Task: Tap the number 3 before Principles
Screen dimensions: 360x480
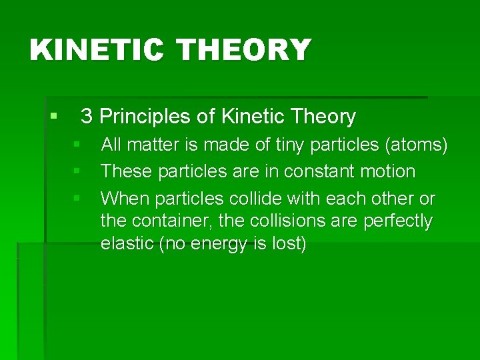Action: coord(86,117)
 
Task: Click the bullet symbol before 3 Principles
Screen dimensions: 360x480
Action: coord(53,117)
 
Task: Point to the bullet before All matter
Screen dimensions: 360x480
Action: coord(77,143)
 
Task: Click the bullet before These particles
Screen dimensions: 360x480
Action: coord(77,171)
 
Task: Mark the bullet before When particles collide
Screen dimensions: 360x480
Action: coord(77,198)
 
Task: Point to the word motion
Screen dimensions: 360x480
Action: coord(388,171)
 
